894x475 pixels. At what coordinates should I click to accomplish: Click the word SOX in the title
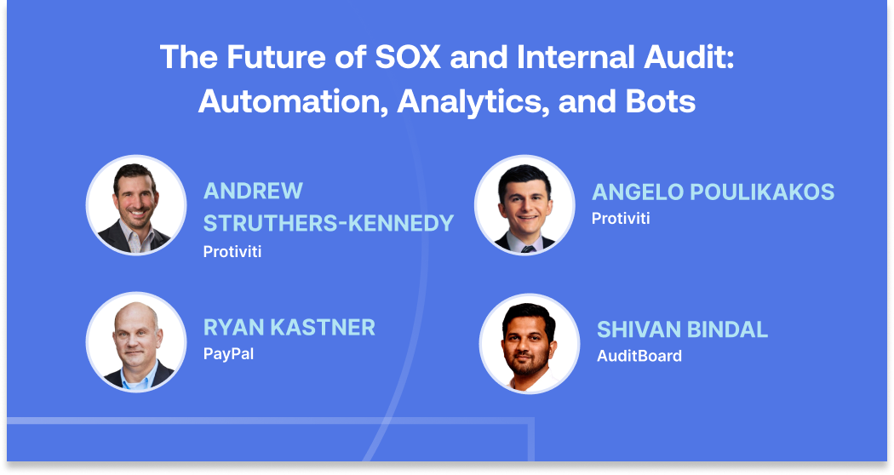tap(400, 58)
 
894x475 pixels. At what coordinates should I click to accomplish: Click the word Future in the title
tap(282, 58)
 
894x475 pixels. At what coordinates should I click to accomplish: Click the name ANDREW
tap(253, 191)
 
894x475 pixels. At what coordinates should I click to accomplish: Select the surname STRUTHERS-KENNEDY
tap(329, 223)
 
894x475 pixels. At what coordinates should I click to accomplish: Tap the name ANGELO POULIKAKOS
tap(713, 192)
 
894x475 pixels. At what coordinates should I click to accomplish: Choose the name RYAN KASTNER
tap(289, 327)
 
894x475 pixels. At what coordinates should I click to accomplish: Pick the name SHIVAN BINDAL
tap(682, 329)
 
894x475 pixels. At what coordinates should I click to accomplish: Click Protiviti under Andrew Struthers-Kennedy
tap(232, 251)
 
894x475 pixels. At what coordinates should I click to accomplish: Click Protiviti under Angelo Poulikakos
tap(621, 219)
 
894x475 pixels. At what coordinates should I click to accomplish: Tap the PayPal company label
tap(228, 352)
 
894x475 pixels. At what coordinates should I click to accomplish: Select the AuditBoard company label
tap(639, 356)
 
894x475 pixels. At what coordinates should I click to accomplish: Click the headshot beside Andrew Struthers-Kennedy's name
tap(136, 204)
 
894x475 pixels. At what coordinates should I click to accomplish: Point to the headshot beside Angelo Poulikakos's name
tap(524, 205)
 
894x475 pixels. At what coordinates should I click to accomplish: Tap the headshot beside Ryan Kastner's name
tap(136, 342)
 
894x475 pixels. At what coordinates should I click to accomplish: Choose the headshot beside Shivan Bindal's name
tap(530, 343)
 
